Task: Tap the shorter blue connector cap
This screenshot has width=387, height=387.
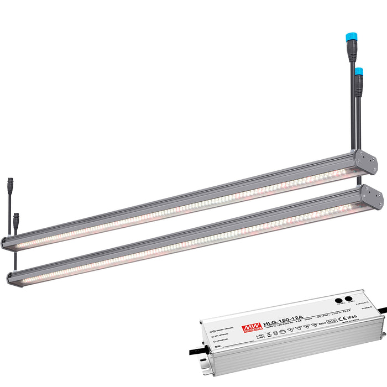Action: pyautogui.click(x=359, y=71)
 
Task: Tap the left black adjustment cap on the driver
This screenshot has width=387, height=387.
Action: pyautogui.click(x=338, y=300)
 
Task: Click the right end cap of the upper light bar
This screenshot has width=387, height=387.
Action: pyautogui.click(x=365, y=161)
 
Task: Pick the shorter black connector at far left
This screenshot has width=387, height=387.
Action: pyautogui.click(x=16, y=216)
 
